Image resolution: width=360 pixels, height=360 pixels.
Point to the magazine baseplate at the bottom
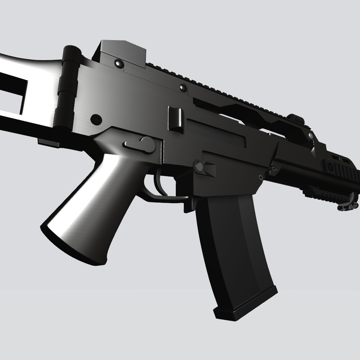coord(246,306)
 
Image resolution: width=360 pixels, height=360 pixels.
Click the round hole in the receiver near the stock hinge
coord(96,120)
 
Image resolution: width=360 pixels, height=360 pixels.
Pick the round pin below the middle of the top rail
coord(183,88)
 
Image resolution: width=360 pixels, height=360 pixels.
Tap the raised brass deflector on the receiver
coord(175,119)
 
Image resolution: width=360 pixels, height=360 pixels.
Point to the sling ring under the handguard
coord(348,206)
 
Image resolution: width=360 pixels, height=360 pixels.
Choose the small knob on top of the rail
coord(295,118)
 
